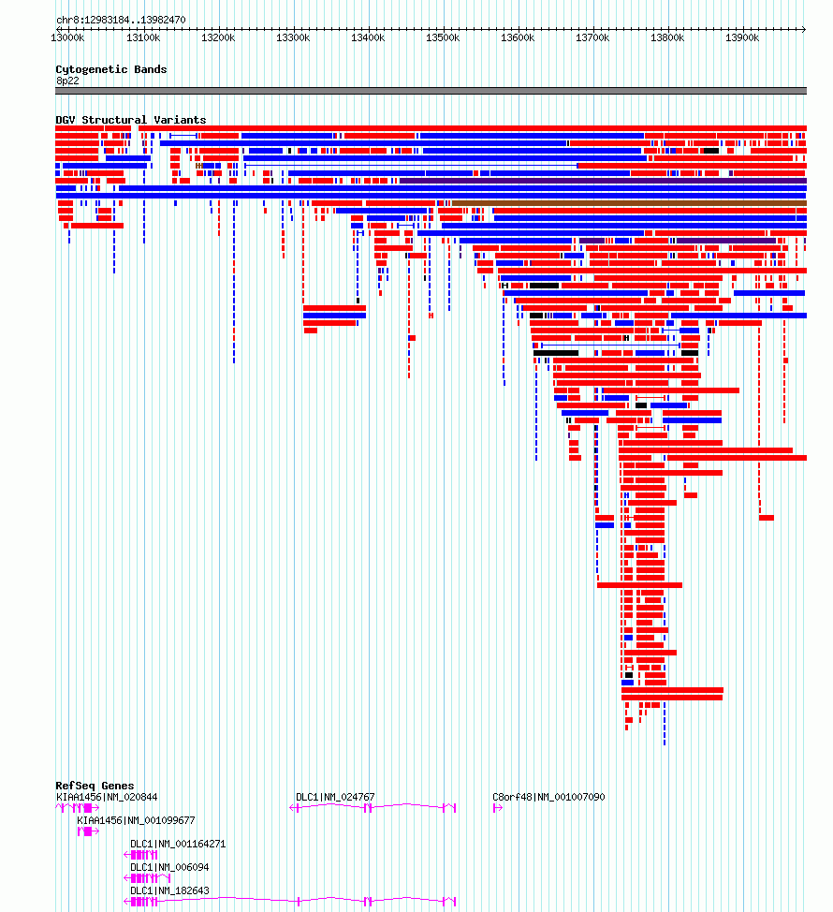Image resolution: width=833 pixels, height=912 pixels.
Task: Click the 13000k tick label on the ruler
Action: [67, 37]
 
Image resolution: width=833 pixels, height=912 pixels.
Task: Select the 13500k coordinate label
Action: [443, 37]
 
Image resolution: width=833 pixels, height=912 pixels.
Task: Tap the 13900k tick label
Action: [742, 37]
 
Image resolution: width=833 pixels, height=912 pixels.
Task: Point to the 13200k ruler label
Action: [218, 37]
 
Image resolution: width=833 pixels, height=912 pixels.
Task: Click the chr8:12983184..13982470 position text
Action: [121, 20]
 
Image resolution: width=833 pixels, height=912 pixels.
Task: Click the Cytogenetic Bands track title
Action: [111, 69]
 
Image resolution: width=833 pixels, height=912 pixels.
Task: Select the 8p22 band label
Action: [67, 81]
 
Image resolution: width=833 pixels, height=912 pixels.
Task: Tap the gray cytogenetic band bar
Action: [431, 91]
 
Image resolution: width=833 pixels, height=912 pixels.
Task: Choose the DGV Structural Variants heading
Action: [131, 120]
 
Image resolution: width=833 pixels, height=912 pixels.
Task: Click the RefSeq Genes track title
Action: [95, 786]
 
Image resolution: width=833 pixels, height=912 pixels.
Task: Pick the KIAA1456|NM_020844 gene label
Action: [107, 797]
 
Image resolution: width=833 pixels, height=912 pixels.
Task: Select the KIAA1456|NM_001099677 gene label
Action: [136, 820]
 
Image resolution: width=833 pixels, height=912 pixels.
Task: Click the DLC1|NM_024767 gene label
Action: [335, 797]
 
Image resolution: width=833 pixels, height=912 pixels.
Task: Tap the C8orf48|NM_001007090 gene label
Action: [548, 797]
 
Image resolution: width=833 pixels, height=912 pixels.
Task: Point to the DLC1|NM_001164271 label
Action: [178, 844]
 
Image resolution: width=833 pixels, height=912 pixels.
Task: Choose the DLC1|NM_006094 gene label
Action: [169, 867]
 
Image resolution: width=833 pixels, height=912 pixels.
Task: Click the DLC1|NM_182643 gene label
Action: [169, 890]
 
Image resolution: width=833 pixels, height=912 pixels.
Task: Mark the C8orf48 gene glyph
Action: [498, 808]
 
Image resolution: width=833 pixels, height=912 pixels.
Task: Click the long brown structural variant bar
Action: [629, 203]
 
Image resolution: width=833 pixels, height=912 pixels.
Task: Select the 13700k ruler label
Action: [592, 37]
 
